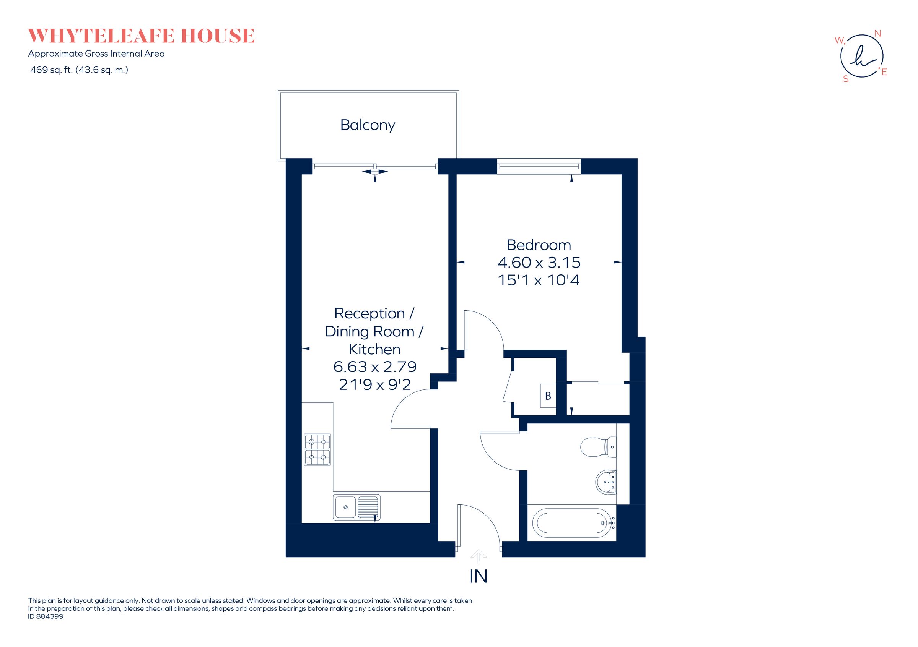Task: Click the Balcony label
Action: coord(368,125)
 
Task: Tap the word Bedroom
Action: coord(538,245)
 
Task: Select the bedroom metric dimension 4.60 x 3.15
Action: coord(538,263)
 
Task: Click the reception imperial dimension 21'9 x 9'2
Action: coord(374,384)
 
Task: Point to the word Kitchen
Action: coord(374,349)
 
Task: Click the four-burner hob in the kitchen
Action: coord(317,450)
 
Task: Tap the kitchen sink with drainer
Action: coord(356,507)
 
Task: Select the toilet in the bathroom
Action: coord(598,446)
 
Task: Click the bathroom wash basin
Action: coord(606,482)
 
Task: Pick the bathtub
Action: coord(571,523)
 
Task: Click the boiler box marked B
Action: coord(548,396)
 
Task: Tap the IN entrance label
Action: coord(478,576)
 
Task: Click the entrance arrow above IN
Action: coord(478,556)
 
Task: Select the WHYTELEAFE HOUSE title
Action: coord(141,36)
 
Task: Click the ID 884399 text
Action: coord(46,616)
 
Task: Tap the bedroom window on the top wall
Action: coord(539,166)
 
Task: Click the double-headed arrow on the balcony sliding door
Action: coord(374,172)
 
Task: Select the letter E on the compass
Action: coord(884,72)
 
